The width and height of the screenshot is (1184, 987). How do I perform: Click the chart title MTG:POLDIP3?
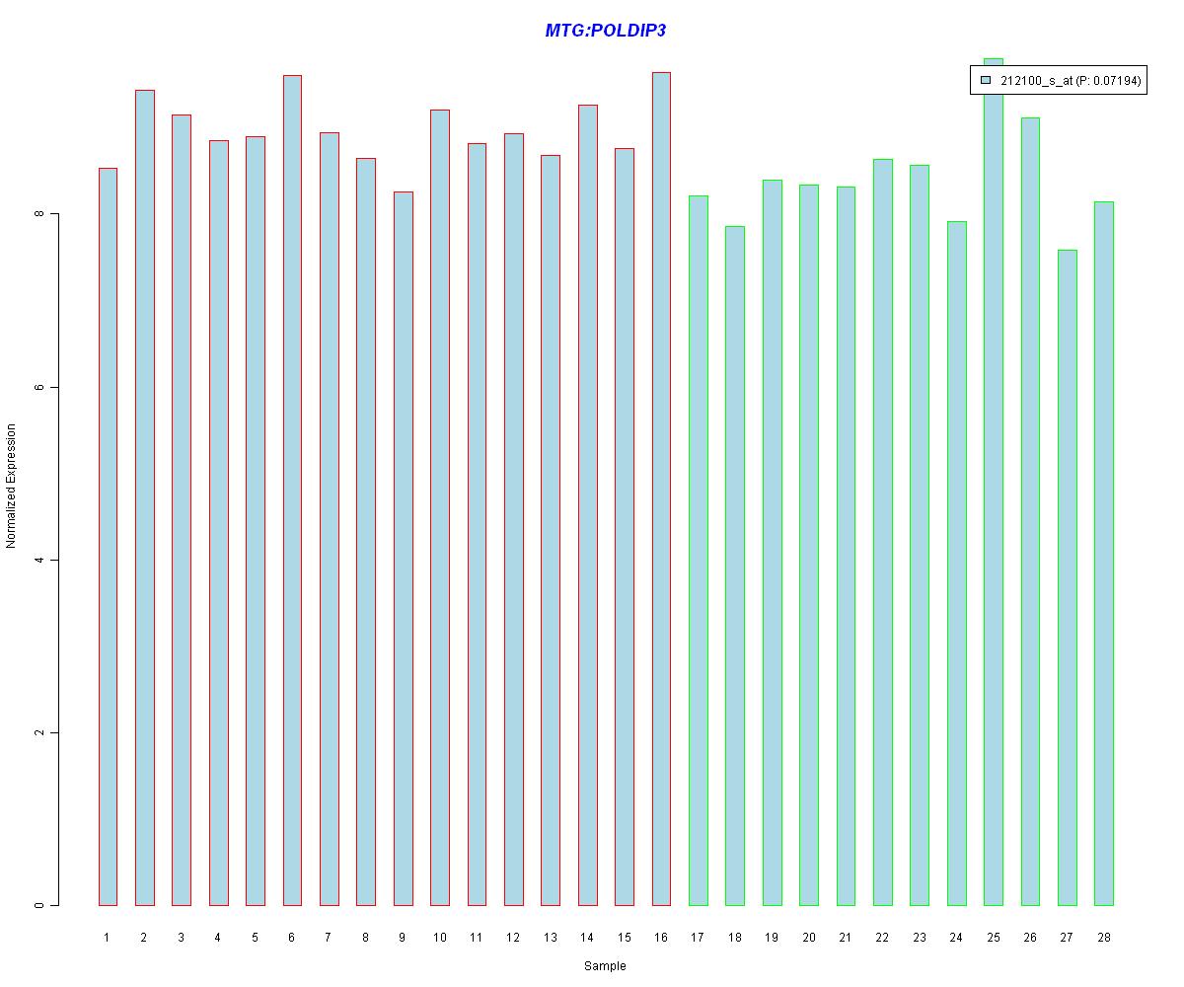coord(605,31)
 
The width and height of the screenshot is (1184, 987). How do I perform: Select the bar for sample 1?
coord(108,537)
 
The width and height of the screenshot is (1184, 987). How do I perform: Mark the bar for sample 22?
coord(882,532)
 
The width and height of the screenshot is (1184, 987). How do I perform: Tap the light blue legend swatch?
coord(985,81)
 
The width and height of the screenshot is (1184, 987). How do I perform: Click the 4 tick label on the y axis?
coord(38,560)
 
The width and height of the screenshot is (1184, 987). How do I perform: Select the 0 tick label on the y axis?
coord(38,905)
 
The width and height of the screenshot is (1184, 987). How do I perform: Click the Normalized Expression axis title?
coord(11,486)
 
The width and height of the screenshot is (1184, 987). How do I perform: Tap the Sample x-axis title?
coord(604,965)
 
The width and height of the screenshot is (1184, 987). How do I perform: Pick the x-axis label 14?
coord(587,937)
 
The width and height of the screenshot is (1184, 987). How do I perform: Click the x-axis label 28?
coord(1103,937)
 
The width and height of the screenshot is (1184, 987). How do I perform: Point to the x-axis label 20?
coord(808,937)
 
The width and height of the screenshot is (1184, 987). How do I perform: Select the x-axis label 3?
coord(181,937)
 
